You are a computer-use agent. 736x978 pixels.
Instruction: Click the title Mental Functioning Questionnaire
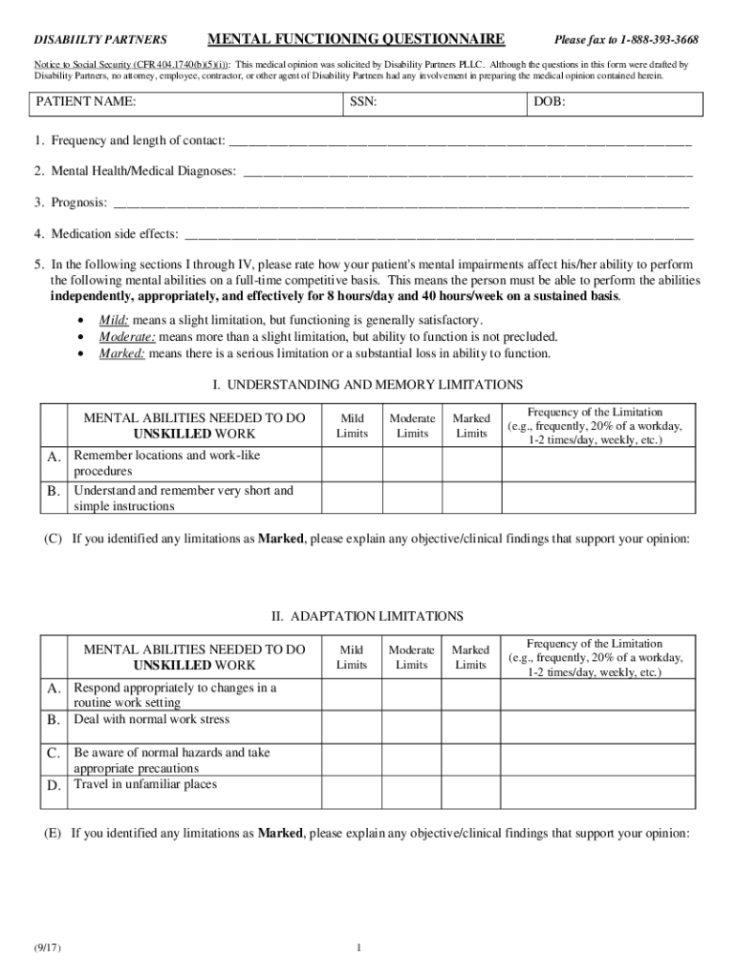coord(357,39)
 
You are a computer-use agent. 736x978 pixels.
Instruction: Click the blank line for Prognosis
coord(400,202)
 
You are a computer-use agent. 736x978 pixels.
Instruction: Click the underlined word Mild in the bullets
coord(114,320)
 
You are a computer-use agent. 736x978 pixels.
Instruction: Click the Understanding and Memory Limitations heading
coord(367,384)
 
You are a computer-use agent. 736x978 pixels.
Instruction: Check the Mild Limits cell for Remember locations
coord(352,463)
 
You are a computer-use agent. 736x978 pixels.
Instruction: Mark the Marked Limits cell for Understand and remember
coord(471,499)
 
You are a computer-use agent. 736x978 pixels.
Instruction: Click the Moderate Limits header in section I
coord(412,426)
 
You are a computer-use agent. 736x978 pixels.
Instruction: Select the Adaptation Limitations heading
coord(367,616)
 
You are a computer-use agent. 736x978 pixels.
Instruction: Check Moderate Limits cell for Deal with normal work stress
coord(412,719)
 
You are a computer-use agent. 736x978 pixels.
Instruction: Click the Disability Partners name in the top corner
coord(101,40)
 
